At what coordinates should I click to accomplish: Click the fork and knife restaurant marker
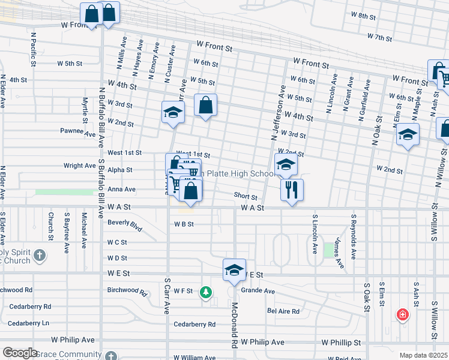coord(292,190)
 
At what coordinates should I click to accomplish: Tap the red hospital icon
coord(402,314)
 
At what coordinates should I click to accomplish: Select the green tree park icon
coord(206,292)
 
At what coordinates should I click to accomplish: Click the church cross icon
coord(40,256)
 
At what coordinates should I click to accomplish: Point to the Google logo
coord(19,353)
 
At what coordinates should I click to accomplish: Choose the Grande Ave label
coord(258,291)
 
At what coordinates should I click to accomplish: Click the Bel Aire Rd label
coord(283,311)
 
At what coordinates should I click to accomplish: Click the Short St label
coord(246,196)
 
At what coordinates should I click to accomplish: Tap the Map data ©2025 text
coord(423,355)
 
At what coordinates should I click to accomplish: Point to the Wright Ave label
coord(80,165)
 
